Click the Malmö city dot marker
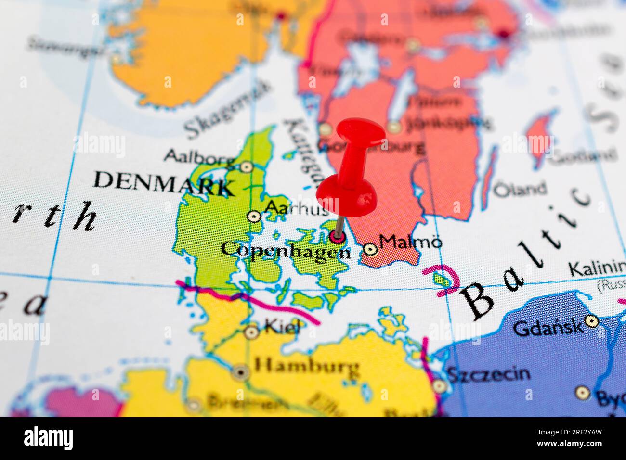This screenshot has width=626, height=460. [x=370, y=249]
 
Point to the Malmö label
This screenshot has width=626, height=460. [x=410, y=242]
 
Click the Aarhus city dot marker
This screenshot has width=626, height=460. [x=254, y=217]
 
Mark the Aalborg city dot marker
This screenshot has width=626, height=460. [x=247, y=167]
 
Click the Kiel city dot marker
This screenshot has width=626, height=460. [x=251, y=332]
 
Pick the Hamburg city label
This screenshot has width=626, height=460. [x=307, y=368]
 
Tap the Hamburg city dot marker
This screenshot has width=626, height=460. [x=241, y=372]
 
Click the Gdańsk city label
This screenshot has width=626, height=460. [x=548, y=328]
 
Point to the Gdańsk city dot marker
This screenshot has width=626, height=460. [x=591, y=320]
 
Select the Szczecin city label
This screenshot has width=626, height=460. [x=488, y=373]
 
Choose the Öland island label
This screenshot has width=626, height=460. [x=521, y=189]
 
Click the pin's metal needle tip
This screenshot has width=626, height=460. [x=337, y=235]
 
